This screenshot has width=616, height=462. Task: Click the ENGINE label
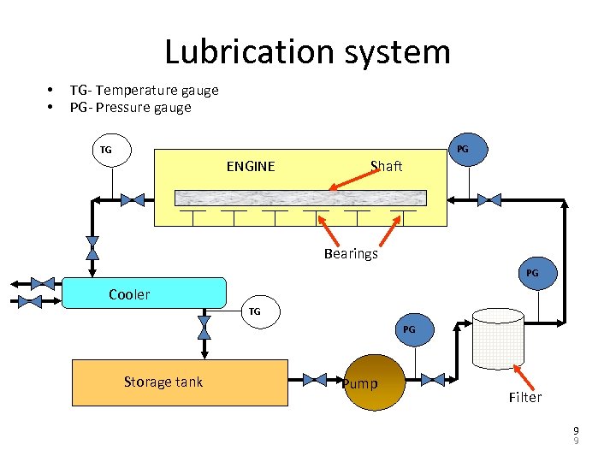(251, 166)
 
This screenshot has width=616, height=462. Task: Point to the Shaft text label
(386, 166)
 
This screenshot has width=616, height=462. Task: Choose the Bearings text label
(351, 253)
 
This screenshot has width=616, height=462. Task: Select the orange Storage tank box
(180, 382)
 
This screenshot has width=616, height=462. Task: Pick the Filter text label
(524, 397)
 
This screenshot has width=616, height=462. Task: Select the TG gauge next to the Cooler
(255, 311)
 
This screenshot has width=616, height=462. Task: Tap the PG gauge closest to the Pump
(410, 329)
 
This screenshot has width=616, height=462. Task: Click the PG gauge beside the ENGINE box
(463, 149)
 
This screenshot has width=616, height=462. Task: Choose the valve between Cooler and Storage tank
(204, 327)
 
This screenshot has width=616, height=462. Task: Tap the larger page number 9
(577, 431)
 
